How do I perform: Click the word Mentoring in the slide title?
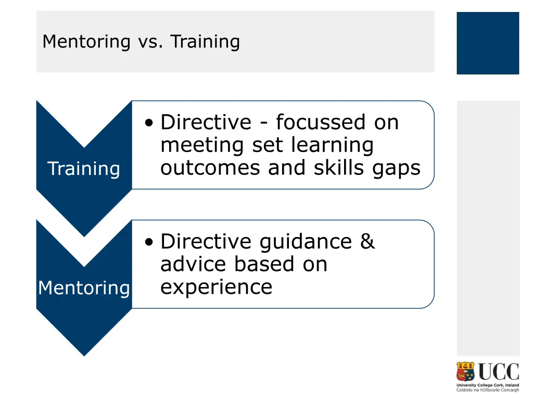click(x=86, y=41)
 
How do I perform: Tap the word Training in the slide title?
click(x=205, y=41)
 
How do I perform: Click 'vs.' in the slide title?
click(x=150, y=41)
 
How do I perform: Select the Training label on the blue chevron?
click(x=83, y=169)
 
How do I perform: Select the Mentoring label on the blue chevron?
click(x=84, y=287)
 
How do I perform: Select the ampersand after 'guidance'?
click(x=367, y=241)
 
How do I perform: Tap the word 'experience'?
click(x=216, y=287)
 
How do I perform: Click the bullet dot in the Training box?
click(x=150, y=123)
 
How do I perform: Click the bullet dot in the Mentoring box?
click(x=150, y=242)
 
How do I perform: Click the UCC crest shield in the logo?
click(x=466, y=372)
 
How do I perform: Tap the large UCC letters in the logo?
click(x=498, y=372)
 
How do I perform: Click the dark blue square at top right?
click(x=488, y=43)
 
